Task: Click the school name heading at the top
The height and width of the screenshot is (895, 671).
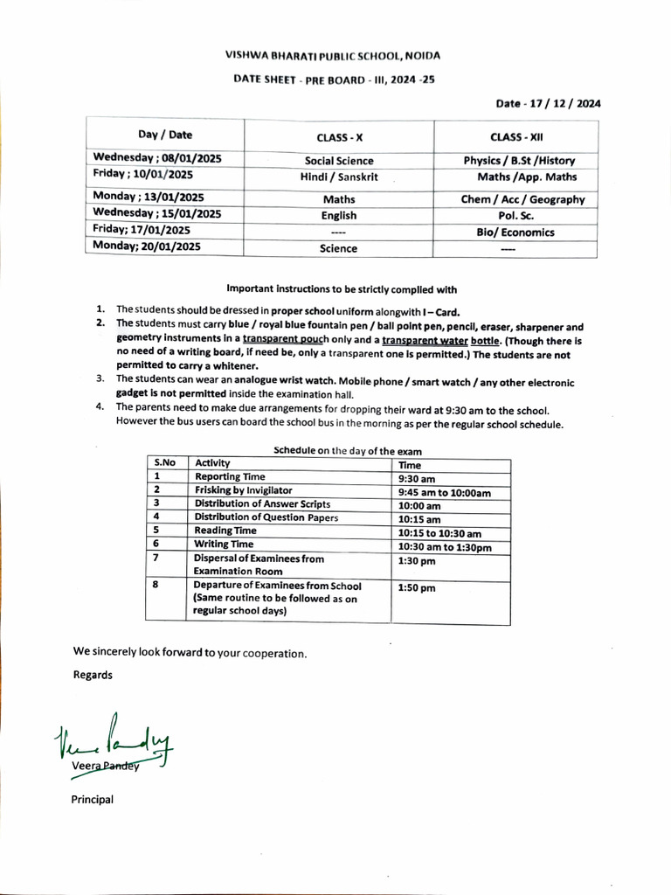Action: pos(333,55)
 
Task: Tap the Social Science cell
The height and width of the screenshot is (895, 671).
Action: pos(339,161)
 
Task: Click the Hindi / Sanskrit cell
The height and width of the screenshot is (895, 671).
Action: pos(339,177)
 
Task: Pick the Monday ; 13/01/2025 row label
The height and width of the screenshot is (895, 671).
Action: pos(149,198)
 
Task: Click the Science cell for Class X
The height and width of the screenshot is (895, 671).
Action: pos(339,248)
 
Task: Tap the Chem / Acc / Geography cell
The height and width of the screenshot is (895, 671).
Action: pos(522,199)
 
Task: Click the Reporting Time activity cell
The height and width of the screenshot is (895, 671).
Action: pos(230,477)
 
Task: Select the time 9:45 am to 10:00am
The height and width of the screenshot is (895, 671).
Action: pos(444,493)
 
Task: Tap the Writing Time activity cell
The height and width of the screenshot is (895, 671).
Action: pos(224,544)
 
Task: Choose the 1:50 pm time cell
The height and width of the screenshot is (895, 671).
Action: pos(416,588)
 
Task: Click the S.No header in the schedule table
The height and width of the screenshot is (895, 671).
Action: pos(164,463)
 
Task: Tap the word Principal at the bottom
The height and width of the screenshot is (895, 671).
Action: pos(92,799)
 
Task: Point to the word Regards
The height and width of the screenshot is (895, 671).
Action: pos(92,675)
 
